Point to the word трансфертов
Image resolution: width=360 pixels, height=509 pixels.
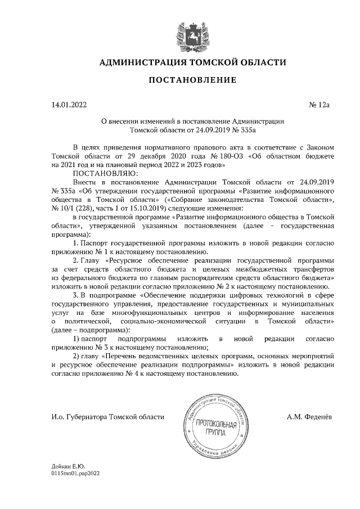[307, 270]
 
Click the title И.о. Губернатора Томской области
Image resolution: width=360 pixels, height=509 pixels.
[108, 417]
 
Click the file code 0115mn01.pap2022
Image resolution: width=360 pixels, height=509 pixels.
[75, 474]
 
